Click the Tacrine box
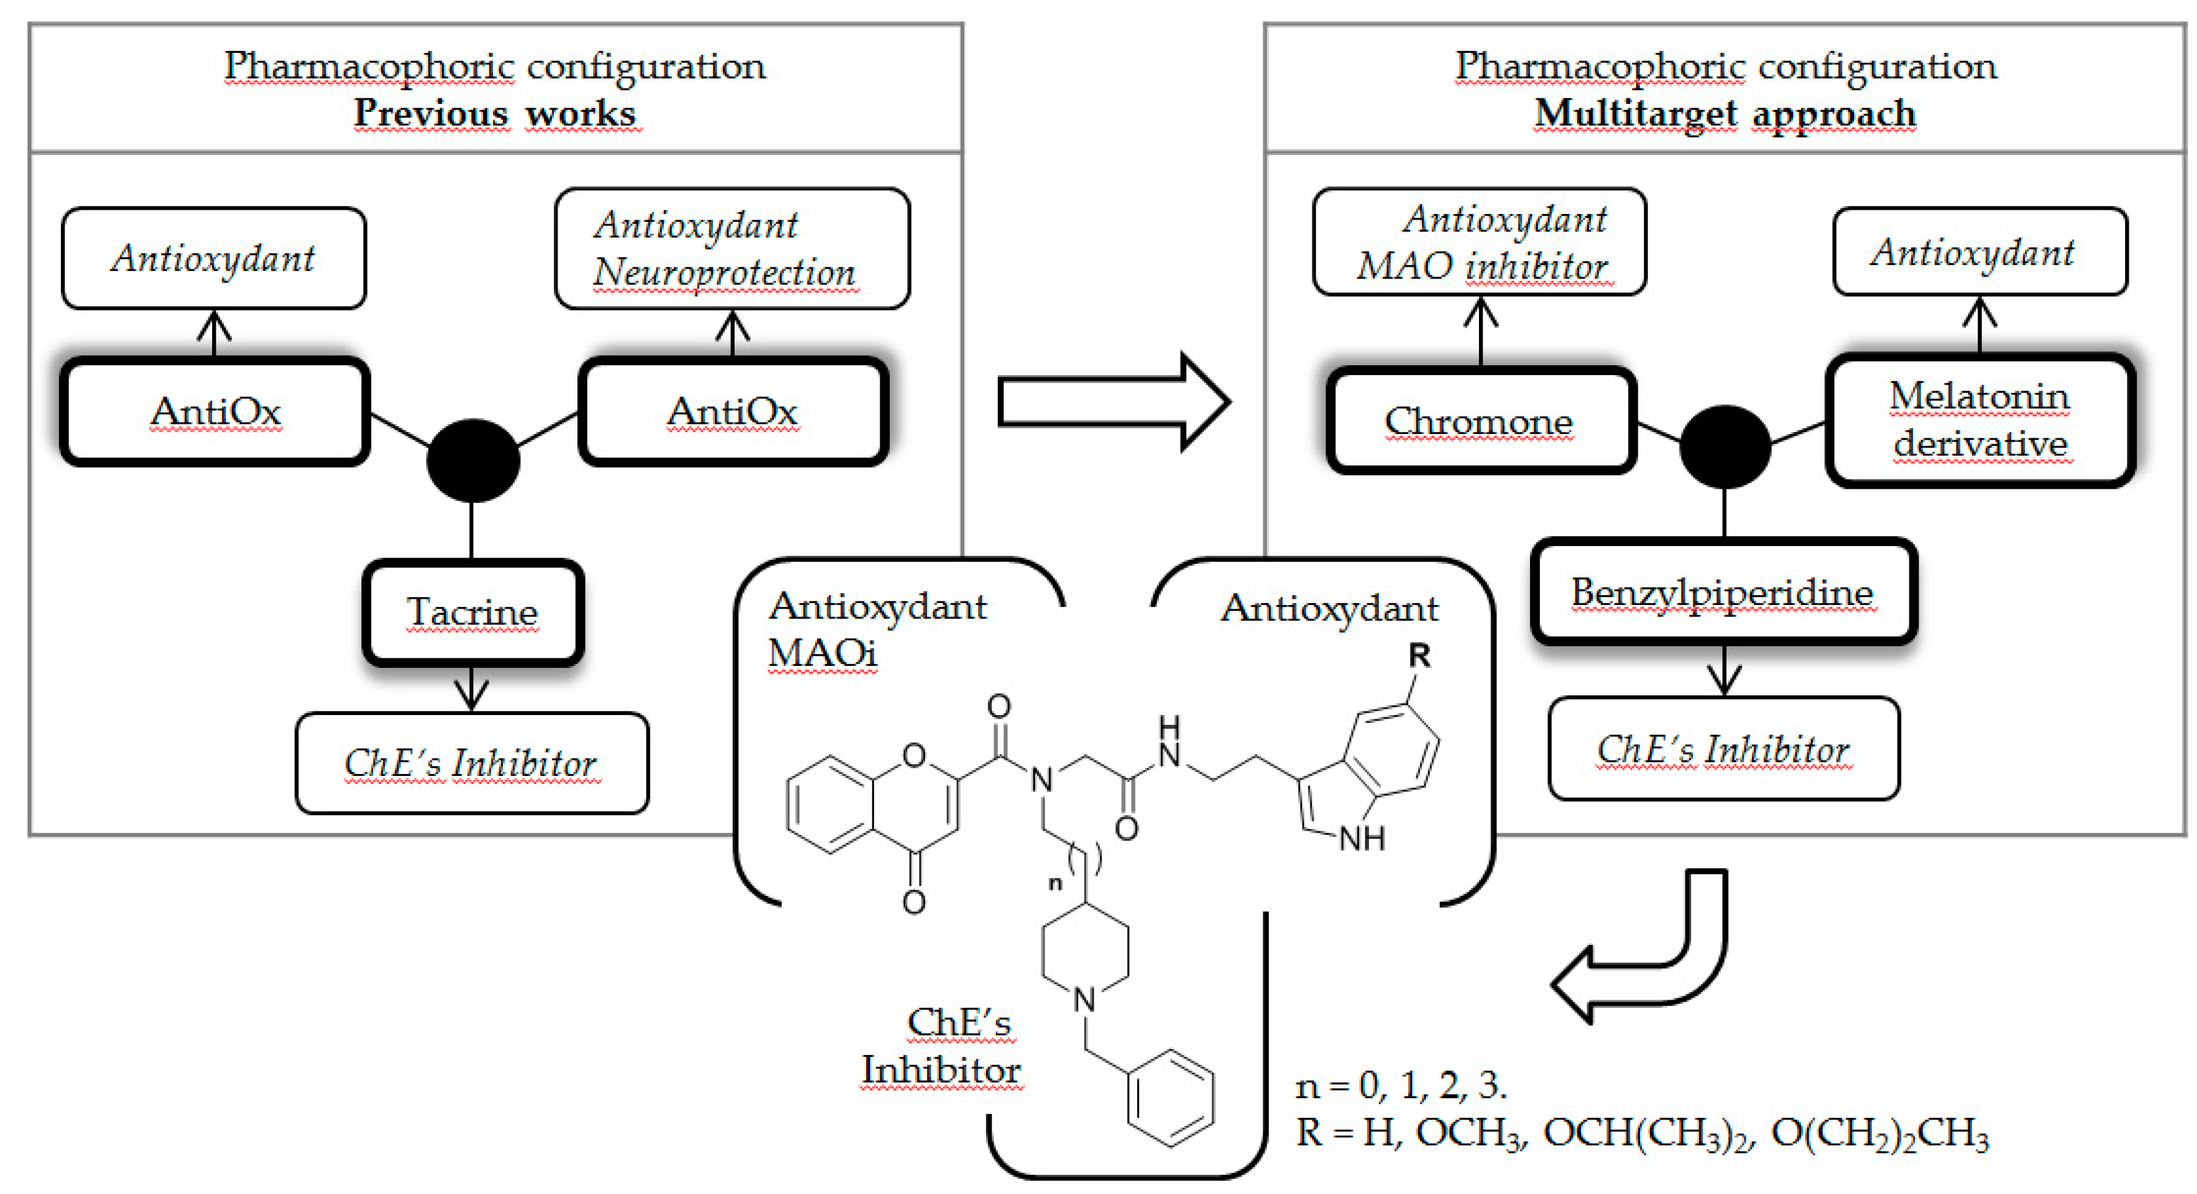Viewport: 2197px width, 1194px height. click(473, 612)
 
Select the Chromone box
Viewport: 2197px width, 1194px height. click(1480, 421)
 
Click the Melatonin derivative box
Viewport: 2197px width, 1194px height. click(1979, 419)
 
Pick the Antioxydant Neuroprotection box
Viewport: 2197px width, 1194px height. click(732, 248)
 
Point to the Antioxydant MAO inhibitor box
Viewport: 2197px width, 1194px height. click(1480, 242)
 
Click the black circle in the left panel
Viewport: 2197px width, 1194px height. click(473, 461)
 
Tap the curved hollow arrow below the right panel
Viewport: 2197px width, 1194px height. click(1646, 955)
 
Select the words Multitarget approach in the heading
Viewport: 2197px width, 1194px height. click(1724, 113)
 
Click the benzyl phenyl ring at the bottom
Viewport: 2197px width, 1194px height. click(1170, 1097)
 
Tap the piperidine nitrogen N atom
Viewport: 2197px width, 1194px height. click(1084, 1000)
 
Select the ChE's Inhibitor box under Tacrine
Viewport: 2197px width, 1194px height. click(471, 763)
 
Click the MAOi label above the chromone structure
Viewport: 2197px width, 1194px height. click(821, 654)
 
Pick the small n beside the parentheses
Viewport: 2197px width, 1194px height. click(1055, 883)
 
